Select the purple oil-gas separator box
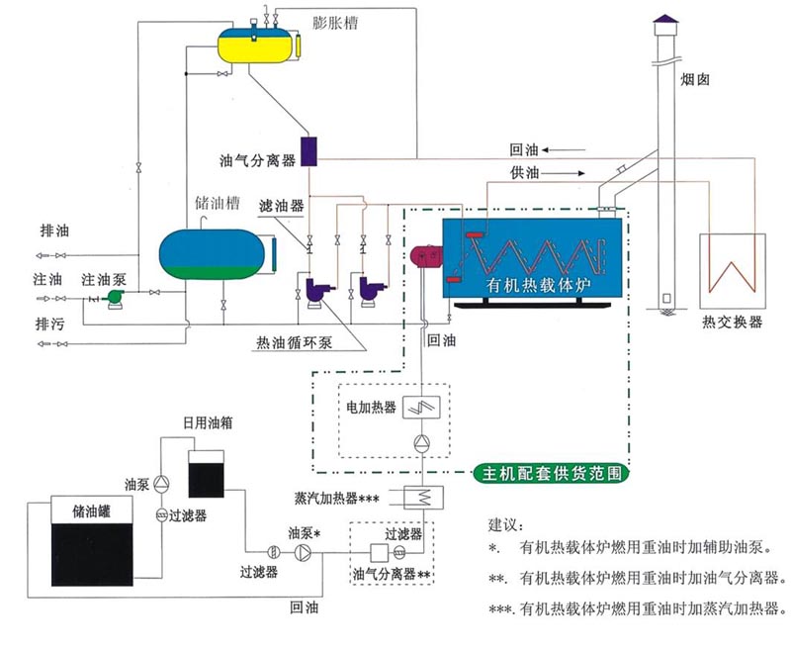click(x=308, y=151)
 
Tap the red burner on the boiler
click(x=428, y=255)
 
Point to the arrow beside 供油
click(x=579, y=173)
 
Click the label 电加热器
click(x=370, y=407)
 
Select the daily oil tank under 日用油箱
click(x=208, y=472)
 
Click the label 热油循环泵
click(x=295, y=344)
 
